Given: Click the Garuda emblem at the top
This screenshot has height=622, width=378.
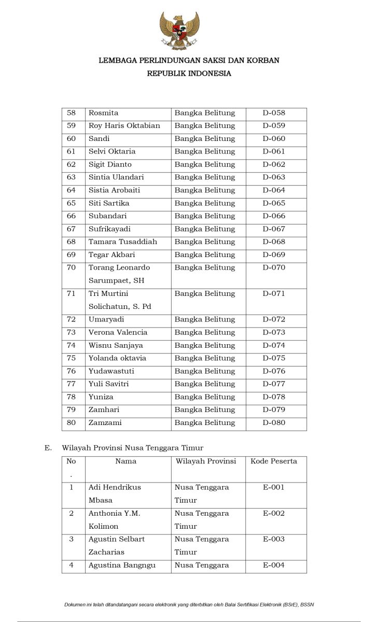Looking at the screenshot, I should (x=179, y=31).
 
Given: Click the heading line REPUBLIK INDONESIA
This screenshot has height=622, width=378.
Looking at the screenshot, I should (x=189, y=74).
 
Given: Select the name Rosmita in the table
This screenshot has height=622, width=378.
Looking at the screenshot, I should (x=104, y=113).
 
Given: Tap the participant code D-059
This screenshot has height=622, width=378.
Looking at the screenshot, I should (x=274, y=126).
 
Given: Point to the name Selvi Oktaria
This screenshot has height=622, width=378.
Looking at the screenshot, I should (x=112, y=151).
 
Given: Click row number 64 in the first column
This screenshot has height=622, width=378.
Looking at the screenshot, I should (x=72, y=190).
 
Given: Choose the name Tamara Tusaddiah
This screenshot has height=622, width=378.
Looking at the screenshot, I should (x=123, y=242).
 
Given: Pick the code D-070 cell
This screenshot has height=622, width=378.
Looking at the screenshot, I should (x=274, y=267).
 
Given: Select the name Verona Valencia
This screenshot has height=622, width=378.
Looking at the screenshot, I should (x=118, y=332).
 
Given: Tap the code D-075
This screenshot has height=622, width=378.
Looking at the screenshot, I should (x=274, y=358).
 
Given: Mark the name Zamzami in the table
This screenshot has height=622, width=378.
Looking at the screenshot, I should (x=105, y=422).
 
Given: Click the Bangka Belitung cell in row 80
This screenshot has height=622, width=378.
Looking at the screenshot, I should (x=205, y=422).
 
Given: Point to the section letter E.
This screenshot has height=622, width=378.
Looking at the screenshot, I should (x=48, y=448).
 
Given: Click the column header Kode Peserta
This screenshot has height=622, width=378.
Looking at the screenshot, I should (x=274, y=461).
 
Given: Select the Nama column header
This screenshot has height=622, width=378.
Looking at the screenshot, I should (x=126, y=461).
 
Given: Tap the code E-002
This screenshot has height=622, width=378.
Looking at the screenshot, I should (x=274, y=513).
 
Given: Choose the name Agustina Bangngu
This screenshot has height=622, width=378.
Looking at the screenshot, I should (x=122, y=565).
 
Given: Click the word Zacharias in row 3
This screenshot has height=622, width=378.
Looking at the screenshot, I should (x=106, y=552).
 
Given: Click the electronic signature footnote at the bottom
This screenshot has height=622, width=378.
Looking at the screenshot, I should (x=189, y=604).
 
